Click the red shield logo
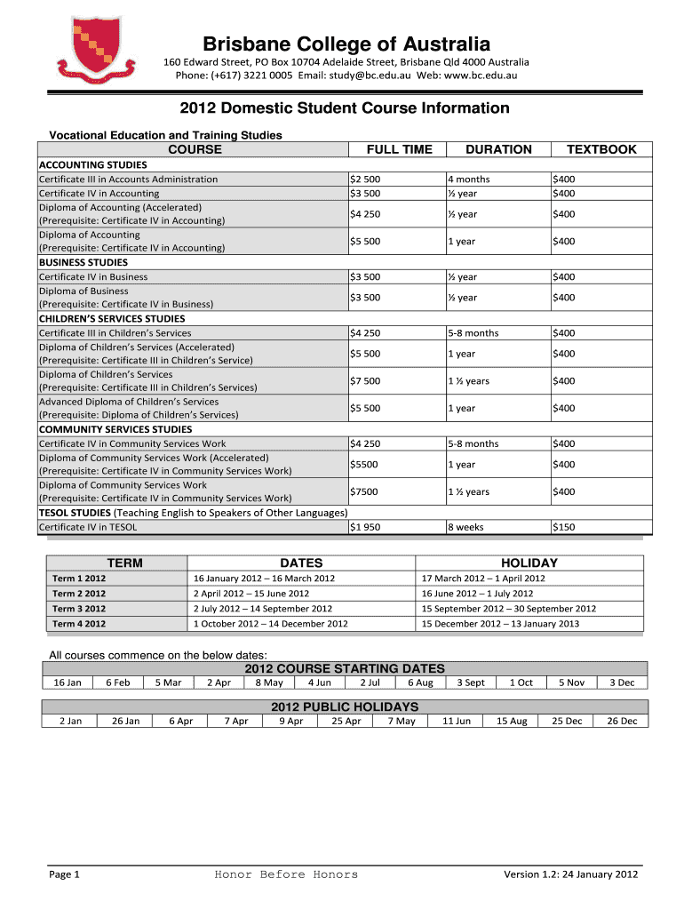click(x=97, y=50)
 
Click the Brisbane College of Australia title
click(x=346, y=44)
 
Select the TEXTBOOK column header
click(x=601, y=149)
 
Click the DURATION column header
click(x=498, y=149)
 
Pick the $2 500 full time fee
click(x=365, y=179)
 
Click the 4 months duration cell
click(x=468, y=179)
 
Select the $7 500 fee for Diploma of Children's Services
click(x=365, y=381)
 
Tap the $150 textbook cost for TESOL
click(x=563, y=527)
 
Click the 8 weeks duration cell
click(x=465, y=527)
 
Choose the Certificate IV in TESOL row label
click(x=88, y=527)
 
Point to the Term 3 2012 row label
click(x=79, y=609)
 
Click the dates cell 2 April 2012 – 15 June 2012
click(x=251, y=594)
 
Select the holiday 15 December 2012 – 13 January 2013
click(x=500, y=624)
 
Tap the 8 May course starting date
click(x=269, y=682)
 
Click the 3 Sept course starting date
click(x=471, y=682)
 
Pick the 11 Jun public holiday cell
click(x=457, y=721)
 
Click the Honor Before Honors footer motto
click(x=286, y=874)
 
